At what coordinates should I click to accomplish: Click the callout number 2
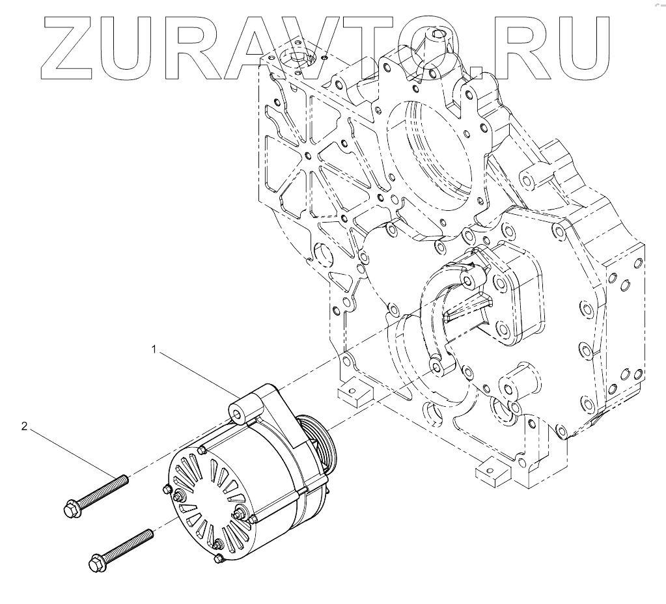coord(24,426)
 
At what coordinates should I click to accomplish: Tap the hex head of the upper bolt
coord(71,509)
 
